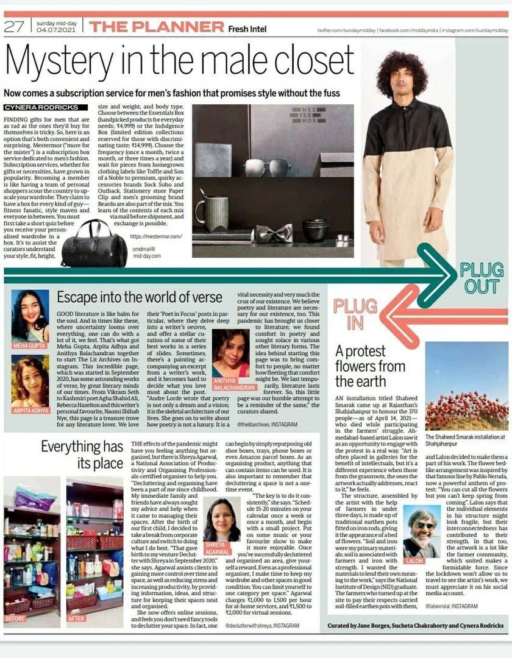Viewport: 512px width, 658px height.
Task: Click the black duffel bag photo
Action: [x=94, y=244]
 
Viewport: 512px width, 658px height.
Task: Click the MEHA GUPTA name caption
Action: [x=29, y=346]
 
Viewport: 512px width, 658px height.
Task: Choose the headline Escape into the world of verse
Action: [x=140, y=297]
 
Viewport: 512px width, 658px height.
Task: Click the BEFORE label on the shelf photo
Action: [x=15, y=618]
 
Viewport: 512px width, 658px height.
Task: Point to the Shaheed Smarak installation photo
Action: [x=466, y=394]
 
